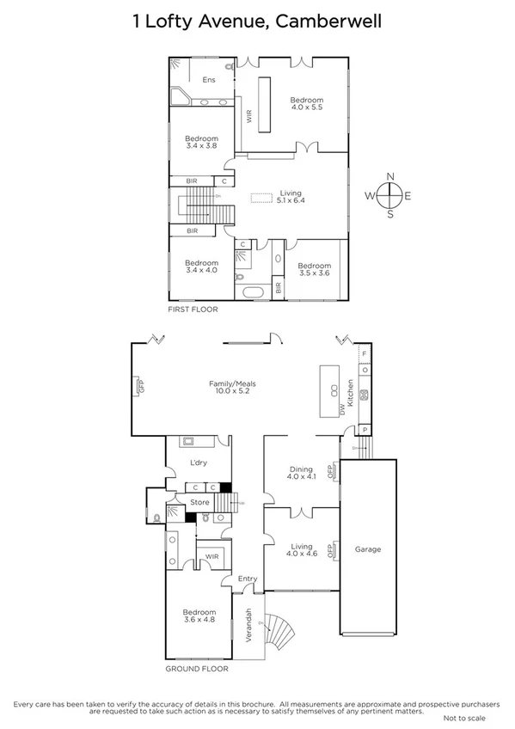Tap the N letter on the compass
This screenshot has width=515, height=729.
click(390, 176)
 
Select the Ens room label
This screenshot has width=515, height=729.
click(208, 80)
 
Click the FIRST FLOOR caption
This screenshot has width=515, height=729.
click(193, 309)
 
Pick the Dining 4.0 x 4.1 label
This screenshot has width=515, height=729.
click(302, 473)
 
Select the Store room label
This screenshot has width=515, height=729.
click(199, 503)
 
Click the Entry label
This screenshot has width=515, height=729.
click(248, 579)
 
